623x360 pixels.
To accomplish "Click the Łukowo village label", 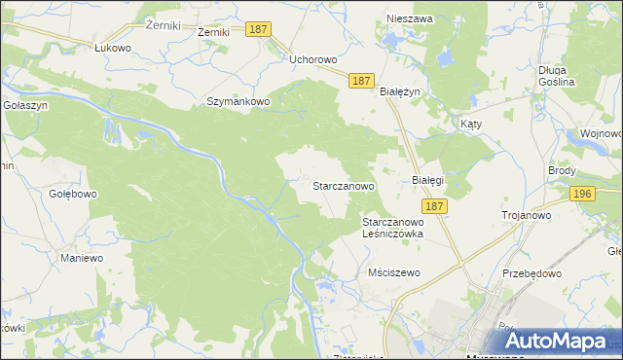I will (112, 47).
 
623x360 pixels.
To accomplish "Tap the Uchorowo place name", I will (312, 59).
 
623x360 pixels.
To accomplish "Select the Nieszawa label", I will (409, 18).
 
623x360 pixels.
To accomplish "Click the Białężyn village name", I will (399, 91).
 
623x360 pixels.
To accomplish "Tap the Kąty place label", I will (471, 125).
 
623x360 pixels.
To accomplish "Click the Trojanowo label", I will (526, 215).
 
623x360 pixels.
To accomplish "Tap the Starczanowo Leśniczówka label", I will (403, 228).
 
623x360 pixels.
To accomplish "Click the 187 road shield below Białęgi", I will (435, 206).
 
